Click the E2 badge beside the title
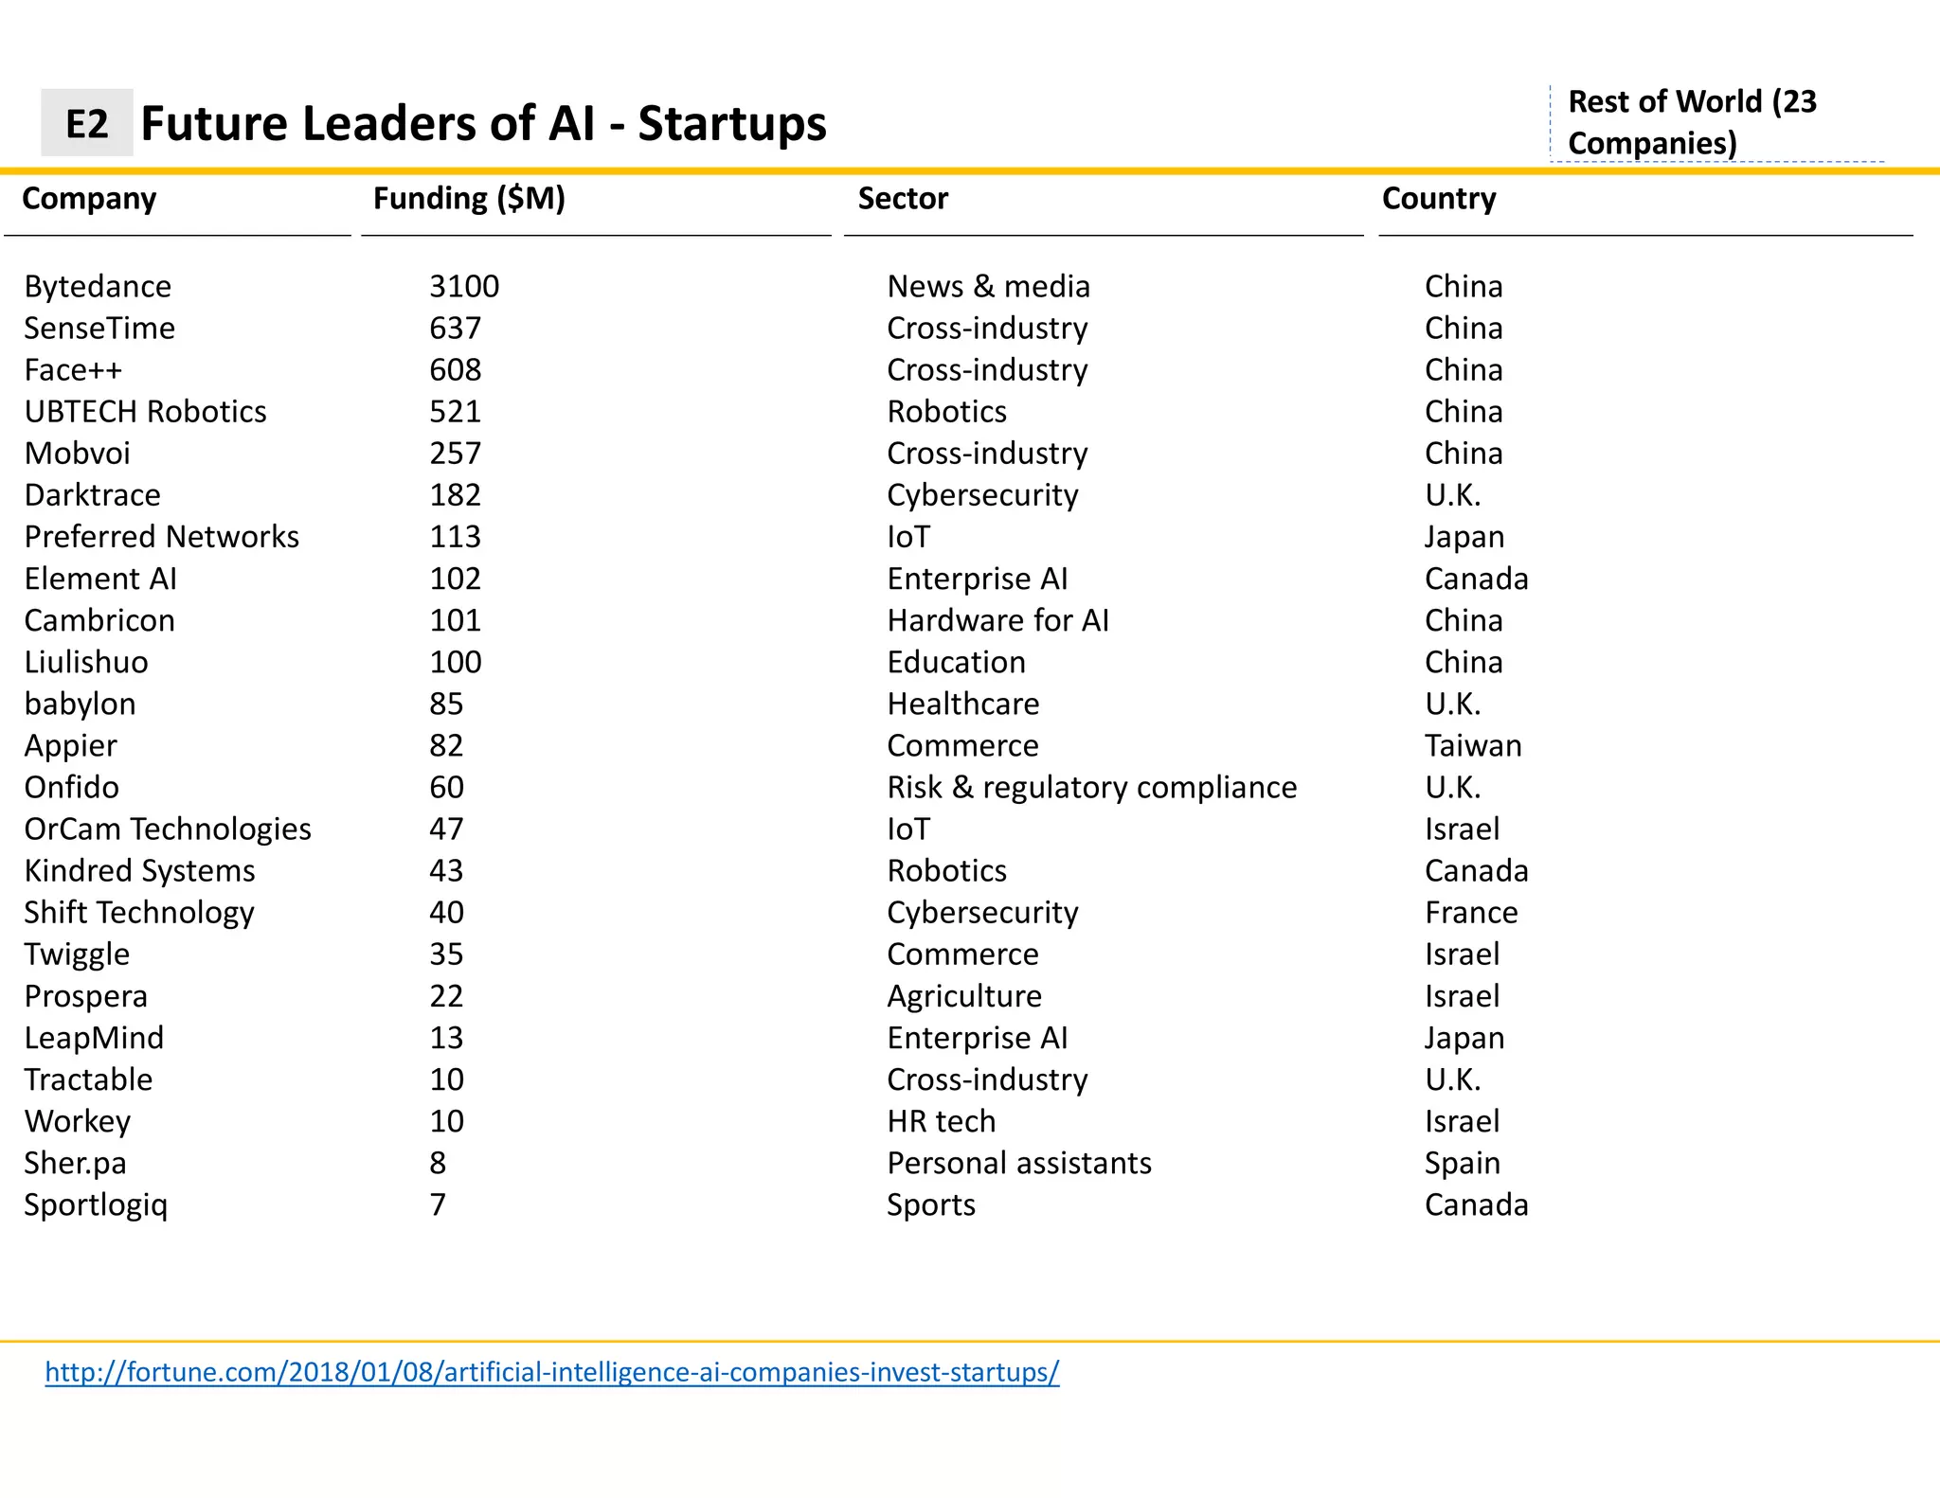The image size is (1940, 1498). point(86,123)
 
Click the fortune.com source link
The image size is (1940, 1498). point(551,1371)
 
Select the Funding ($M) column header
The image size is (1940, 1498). point(469,198)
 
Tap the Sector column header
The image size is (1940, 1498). point(902,198)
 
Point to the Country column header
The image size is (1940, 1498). point(1438,198)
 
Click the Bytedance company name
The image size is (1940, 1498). point(98,286)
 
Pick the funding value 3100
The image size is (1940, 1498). point(463,286)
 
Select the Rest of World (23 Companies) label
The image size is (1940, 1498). point(1691,122)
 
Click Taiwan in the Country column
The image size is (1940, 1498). point(1472,745)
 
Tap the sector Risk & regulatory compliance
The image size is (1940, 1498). point(1091,787)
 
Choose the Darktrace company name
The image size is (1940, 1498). point(92,494)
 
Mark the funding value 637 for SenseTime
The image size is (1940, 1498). point(455,328)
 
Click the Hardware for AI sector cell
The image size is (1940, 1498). point(997,620)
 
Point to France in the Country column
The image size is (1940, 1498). point(1470,912)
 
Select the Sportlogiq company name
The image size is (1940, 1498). point(96,1204)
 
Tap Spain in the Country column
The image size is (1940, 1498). point(1462,1163)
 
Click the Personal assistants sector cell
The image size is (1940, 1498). point(1018,1163)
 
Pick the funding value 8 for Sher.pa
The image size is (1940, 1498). point(437,1163)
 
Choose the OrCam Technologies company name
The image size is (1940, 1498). point(168,829)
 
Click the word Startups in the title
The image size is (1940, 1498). point(731,123)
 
